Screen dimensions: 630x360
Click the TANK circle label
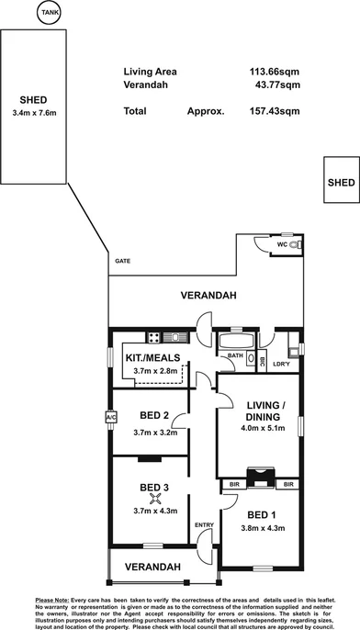pyautogui.click(x=50, y=13)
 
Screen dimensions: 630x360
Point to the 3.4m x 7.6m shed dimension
pyautogui.click(x=35, y=114)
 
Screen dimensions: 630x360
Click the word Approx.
pyautogui.click(x=206, y=111)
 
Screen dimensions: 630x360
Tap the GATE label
pyautogui.click(x=122, y=261)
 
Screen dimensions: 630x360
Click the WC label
pyautogui.click(x=282, y=246)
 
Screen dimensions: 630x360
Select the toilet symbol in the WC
pyautogui.click(x=295, y=246)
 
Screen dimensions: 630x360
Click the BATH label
pyautogui.click(x=234, y=355)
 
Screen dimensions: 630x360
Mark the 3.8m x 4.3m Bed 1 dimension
pyautogui.click(x=262, y=528)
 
